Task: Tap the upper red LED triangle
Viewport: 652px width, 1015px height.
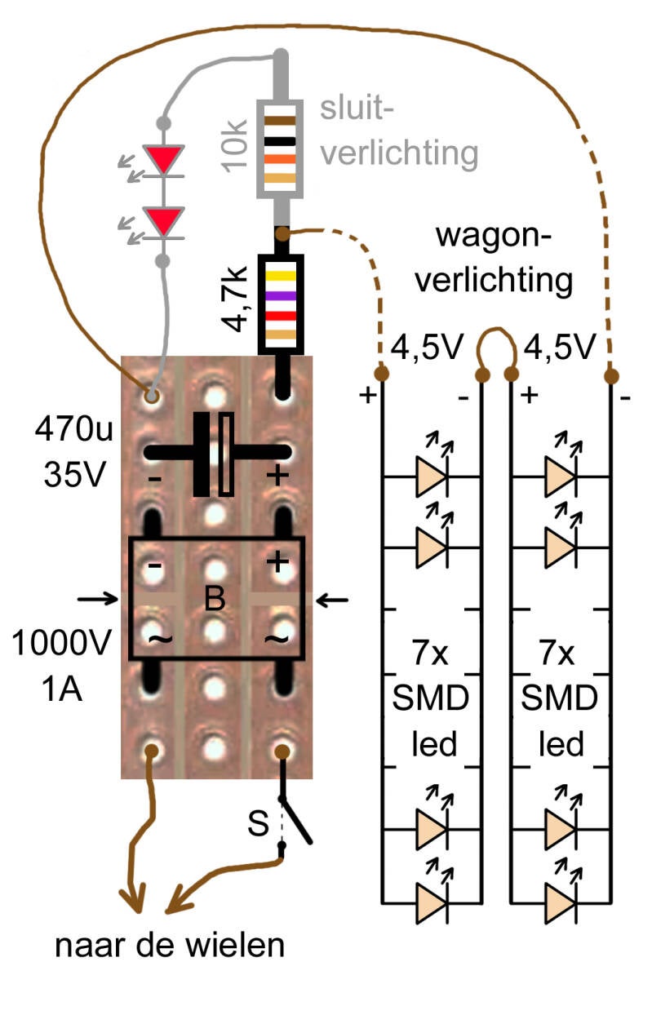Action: coord(163,158)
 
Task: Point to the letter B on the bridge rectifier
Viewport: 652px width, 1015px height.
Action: coord(215,601)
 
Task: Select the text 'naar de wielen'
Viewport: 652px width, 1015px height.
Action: coord(171,946)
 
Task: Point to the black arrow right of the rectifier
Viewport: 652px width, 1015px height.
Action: coord(332,601)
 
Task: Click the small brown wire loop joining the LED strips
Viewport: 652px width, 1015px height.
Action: coord(497,349)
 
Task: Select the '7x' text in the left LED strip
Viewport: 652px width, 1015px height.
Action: coord(431,655)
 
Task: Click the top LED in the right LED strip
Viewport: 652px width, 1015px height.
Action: coord(561,475)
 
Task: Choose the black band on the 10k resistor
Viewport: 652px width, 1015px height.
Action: coord(281,141)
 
